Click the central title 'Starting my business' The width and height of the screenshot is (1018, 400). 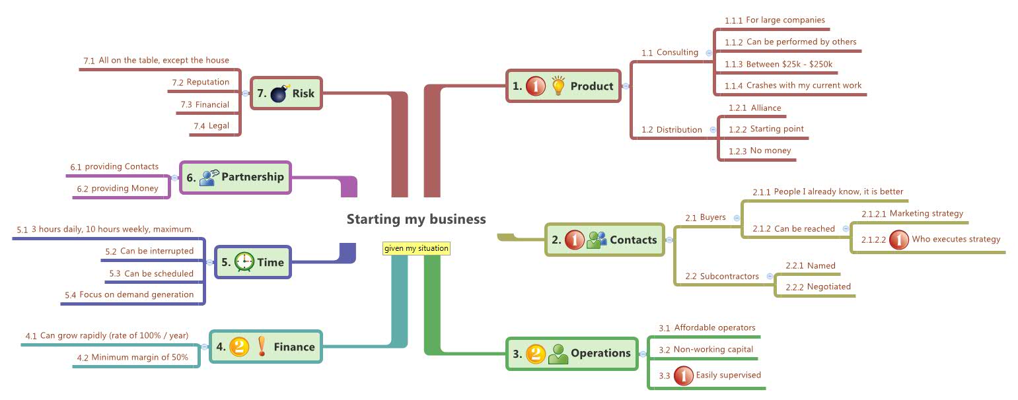coord(416,219)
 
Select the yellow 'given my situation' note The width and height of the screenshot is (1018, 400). coord(416,248)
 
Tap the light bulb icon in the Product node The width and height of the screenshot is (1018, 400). coord(558,86)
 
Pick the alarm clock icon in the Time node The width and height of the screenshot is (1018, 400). coord(244,262)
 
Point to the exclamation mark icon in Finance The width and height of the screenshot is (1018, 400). coord(262,347)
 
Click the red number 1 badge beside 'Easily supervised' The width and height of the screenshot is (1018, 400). coord(683,376)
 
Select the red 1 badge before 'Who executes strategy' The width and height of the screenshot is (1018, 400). coord(898,240)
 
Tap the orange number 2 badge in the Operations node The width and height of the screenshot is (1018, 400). coord(535,353)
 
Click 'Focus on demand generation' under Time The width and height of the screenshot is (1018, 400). coord(137,294)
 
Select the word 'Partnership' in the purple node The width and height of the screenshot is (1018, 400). coord(252,177)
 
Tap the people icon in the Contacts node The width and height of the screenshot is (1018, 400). coord(597,240)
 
